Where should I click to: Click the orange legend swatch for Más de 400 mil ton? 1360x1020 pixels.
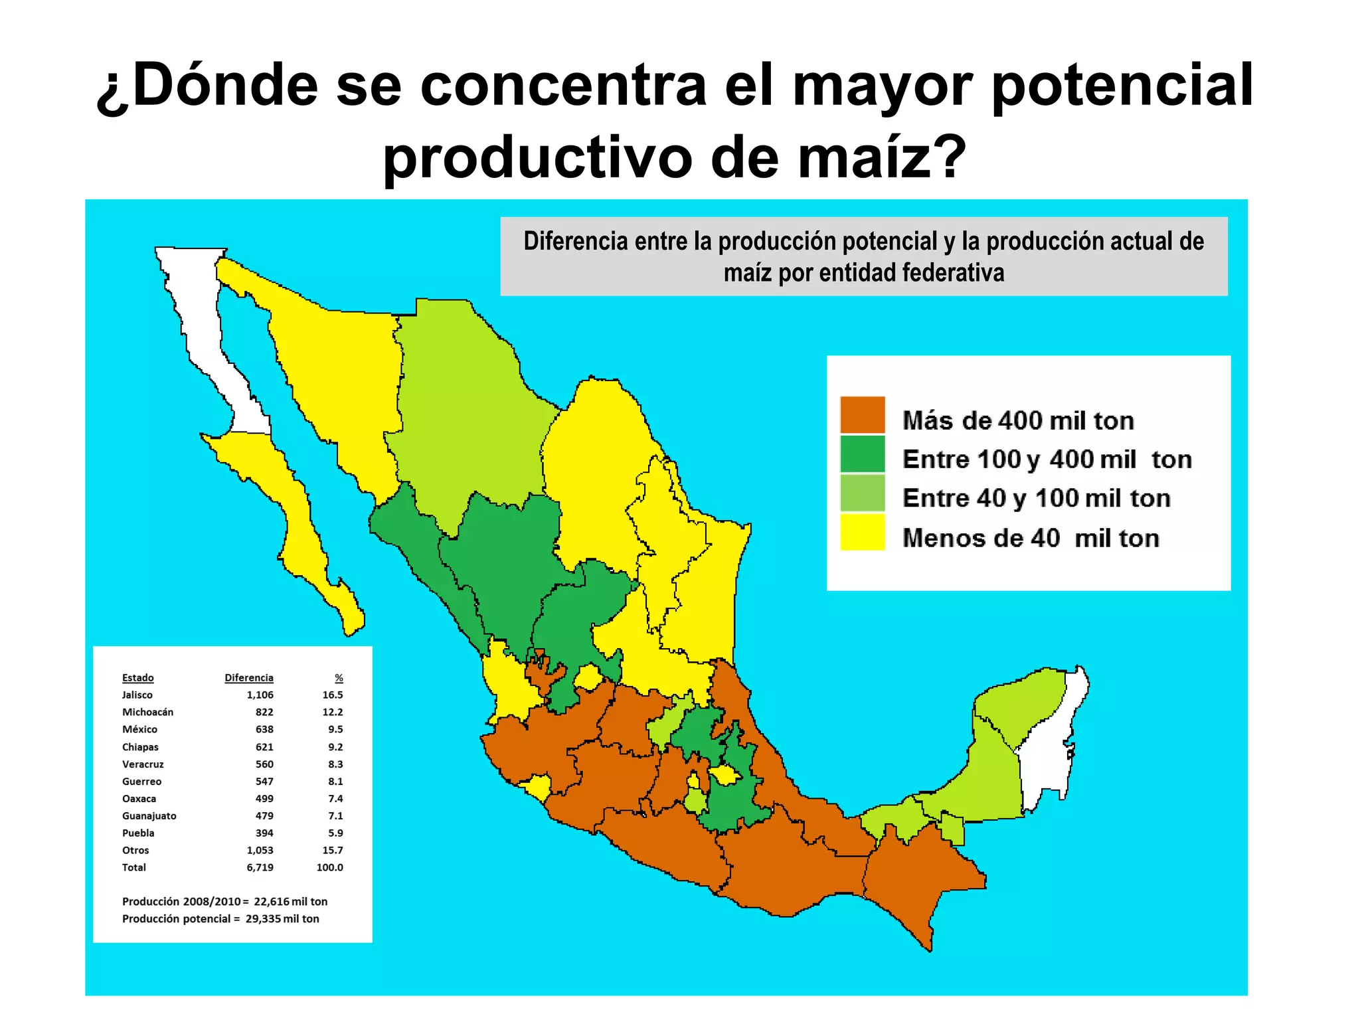click(862, 414)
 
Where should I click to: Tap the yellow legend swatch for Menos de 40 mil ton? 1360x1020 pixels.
click(862, 531)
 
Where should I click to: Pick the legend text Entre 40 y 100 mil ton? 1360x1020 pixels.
click(1036, 498)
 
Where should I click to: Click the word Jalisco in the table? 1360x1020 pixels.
click(137, 695)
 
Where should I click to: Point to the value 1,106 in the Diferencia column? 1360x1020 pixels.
click(260, 695)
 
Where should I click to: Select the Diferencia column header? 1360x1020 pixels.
click(248, 677)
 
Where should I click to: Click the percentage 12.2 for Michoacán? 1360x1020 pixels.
click(333, 712)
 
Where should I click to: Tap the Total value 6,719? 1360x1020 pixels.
click(260, 867)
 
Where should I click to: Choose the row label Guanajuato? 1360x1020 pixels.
click(149, 815)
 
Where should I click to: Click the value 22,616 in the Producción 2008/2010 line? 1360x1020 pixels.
click(272, 901)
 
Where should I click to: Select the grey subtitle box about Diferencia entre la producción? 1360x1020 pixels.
click(863, 256)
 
